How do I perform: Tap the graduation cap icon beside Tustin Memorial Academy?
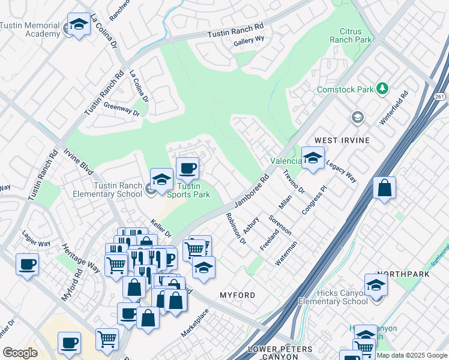pyautogui.click(x=78, y=24)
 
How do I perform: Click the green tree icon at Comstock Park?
pyautogui.click(x=382, y=89)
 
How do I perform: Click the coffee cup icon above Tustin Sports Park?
pyautogui.click(x=187, y=168)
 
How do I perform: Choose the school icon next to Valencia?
pyautogui.click(x=312, y=158)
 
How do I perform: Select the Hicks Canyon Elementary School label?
pyautogui.click(x=333, y=297)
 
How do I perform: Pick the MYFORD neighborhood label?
pyautogui.click(x=237, y=295)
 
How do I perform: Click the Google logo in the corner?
pyautogui.click(x=20, y=353)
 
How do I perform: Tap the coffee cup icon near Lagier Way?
pyautogui.click(x=26, y=264)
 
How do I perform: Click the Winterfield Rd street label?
pyautogui.click(x=394, y=108)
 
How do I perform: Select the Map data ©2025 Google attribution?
pyautogui.click(x=412, y=355)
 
